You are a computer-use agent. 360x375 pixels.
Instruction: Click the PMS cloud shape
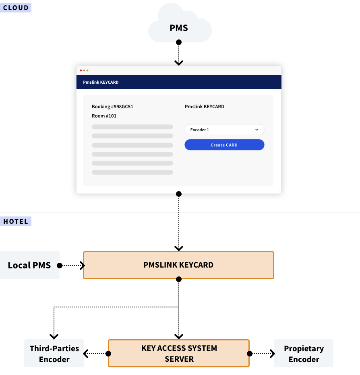click(x=179, y=27)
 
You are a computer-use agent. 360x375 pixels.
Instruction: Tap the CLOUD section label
click(x=16, y=8)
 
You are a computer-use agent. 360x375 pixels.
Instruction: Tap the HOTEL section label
click(x=16, y=221)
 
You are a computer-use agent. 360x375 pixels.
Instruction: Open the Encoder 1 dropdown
click(x=224, y=130)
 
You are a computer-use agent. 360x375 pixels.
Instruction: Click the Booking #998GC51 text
click(x=112, y=107)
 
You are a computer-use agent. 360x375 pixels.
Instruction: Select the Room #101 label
click(x=104, y=116)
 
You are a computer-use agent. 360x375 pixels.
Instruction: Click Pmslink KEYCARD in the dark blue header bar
click(x=101, y=82)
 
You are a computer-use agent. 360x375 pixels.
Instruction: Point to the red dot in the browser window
click(x=81, y=70)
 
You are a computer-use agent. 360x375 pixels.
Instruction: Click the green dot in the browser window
click(x=87, y=70)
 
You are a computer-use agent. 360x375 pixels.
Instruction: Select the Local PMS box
click(x=30, y=265)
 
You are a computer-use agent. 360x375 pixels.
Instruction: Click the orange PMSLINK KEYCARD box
click(x=178, y=265)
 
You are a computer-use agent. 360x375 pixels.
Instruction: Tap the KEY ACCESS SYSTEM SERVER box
click(x=179, y=353)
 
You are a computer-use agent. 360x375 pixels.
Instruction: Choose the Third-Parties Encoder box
click(x=54, y=353)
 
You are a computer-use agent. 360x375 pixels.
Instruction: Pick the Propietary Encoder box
click(x=304, y=353)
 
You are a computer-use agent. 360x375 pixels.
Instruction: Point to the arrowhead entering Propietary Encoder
click(x=273, y=354)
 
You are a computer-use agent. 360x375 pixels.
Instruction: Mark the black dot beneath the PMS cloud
click(x=179, y=42)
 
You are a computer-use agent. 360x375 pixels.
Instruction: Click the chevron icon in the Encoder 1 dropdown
click(x=257, y=130)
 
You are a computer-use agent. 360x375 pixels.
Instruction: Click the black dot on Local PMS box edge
click(x=60, y=266)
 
